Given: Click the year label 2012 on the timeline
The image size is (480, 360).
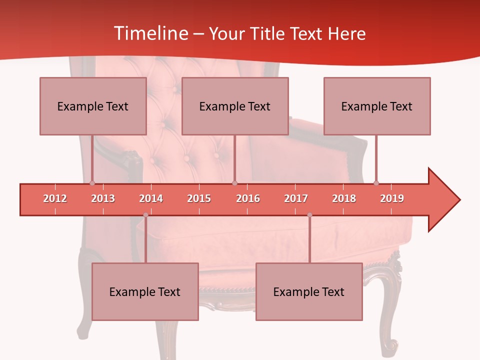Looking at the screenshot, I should pyautogui.click(x=55, y=198).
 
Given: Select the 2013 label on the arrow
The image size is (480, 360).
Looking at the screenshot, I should pyautogui.click(x=103, y=198).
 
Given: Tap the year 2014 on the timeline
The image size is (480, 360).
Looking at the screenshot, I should pyautogui.click(x=151, y=198).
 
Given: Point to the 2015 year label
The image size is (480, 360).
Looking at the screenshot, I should pyautogui.click(x=199, y=198).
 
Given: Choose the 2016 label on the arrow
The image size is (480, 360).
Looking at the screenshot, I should pyautogui.click(x=248, y=198).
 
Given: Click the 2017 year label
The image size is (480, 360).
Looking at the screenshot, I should pyautogui.click(x=296, y=198).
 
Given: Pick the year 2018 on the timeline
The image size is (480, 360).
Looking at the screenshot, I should pyautogui.click(x=344, y=198).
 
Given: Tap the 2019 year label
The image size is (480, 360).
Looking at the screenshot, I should pyautogui.click(x=392, y=198).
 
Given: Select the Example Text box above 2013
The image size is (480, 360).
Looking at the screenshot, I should pyautogui.click(x=93, y=106).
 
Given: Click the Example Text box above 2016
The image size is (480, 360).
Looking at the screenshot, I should pyautogui.click(x=235, y=106).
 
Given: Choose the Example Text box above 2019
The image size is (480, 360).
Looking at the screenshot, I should pyautogui.click(x=377, y=106).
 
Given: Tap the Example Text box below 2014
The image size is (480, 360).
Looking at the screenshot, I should pyautogui.click(x=145, y=291).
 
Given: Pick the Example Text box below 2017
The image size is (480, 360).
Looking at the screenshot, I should pyautogui.click(x=309, y=291).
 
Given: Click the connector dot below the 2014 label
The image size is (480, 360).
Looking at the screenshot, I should pyautogui.click(x=145, y=215).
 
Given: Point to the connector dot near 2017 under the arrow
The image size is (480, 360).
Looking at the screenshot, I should pyautogui.click(x=309, y=215).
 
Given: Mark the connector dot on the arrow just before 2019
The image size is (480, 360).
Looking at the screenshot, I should pyautogui.click(x=376, y=183).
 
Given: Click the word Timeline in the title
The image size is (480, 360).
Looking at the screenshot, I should pyautogui.click(x=150, y=33).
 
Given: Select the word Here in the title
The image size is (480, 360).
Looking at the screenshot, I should pyautogui.click(x=346, y=33).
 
